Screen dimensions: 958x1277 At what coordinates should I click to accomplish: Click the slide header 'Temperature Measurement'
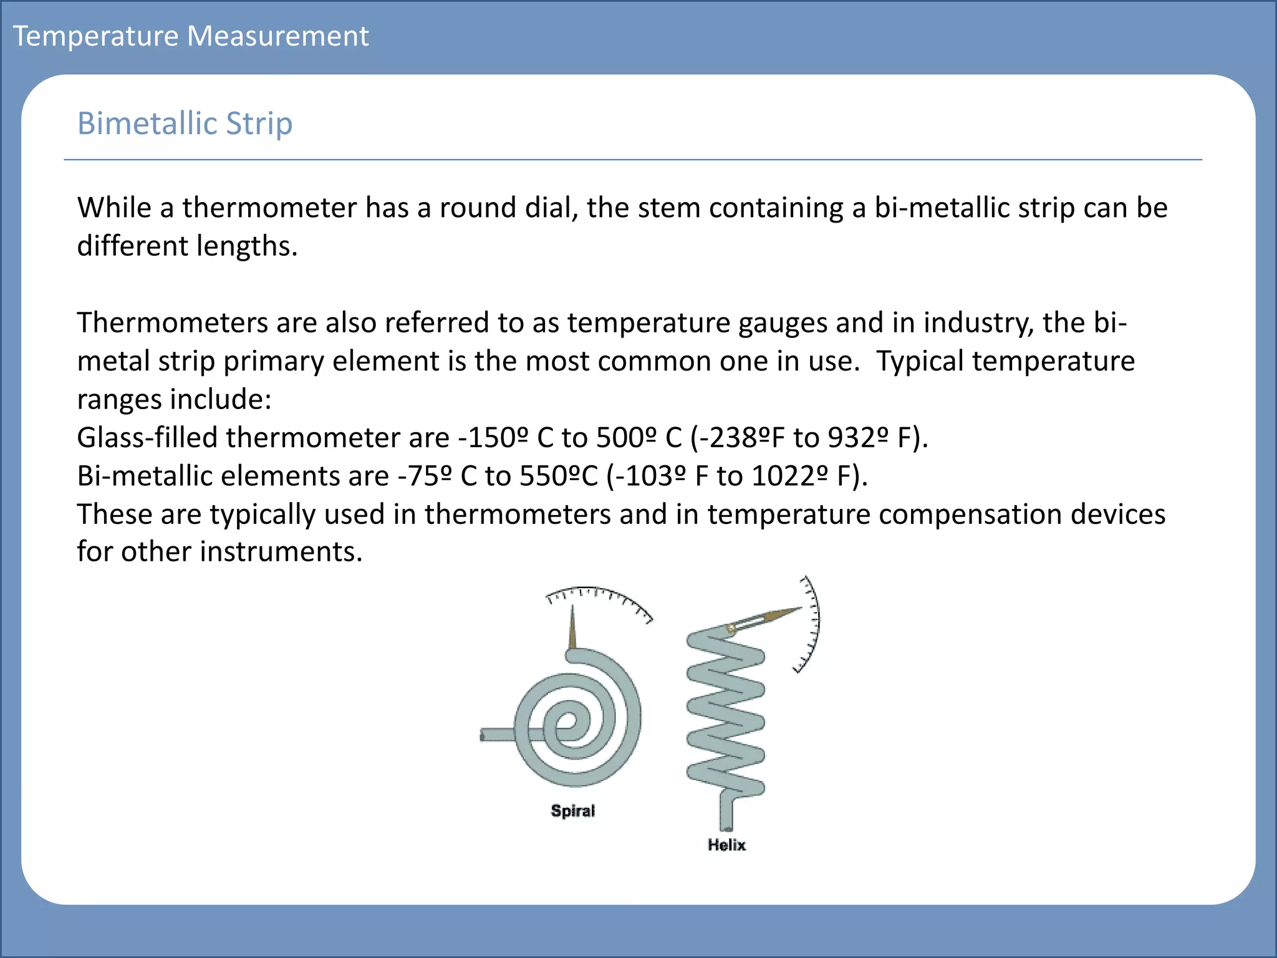click(191, 36)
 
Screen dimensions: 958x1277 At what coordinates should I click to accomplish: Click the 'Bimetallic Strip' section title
click(185, 123)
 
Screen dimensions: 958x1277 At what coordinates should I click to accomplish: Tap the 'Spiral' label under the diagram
click(573, 811)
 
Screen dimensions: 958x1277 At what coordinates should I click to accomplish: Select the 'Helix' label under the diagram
click(726, 845)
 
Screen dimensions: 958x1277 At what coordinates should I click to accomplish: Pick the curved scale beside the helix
click(810, 624)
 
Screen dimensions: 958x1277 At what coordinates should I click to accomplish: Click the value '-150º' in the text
click(493, 438)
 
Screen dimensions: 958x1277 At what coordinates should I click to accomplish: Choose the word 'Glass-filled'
click(147, 438)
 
